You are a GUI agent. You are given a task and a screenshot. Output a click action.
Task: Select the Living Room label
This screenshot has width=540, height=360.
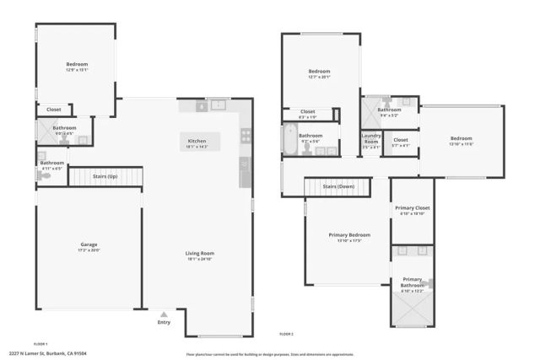click(x=200, y=255)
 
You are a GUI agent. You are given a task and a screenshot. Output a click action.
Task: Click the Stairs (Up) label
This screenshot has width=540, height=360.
click(x=105, y=177)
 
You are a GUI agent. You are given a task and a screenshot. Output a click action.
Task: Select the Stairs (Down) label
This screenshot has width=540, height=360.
click(x=338, y=186)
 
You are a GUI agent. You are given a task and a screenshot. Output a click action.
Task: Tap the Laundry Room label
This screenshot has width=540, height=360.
click(x=371, y=139)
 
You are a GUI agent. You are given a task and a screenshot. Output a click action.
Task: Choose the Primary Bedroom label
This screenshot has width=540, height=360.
click(x=348, y=236)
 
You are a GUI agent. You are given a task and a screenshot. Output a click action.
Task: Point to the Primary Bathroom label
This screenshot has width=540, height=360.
click(x=412, y=282)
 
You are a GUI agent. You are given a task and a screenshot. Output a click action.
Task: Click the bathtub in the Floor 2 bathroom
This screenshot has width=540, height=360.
click(x=289, y=139)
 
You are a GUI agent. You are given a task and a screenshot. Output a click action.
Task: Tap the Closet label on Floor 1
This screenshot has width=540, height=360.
click(x=54, y=110)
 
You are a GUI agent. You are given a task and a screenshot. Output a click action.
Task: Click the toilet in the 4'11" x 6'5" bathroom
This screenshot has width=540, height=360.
click(x=41, y=154)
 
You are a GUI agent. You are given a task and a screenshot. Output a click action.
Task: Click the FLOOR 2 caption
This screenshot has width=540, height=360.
click(x=286, y=335)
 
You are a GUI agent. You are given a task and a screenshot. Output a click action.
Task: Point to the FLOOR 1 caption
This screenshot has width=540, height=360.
click(x=40, y=344)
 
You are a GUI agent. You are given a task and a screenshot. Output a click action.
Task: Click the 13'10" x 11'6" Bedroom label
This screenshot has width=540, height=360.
click(x=461, y=140)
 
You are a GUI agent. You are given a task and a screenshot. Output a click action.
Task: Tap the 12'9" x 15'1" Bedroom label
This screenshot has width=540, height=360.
click(x=77, y=66)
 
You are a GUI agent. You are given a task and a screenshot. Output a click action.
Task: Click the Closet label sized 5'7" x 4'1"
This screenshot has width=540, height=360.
click(x=401, y=142)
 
